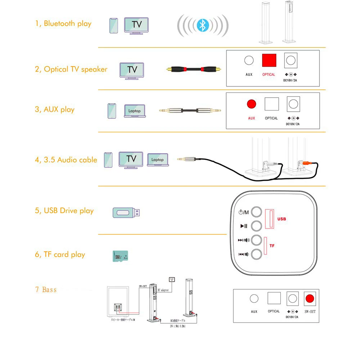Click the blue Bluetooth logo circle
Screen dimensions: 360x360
[203, 25]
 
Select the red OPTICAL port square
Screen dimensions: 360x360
[269, 60]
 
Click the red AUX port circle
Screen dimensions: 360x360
[251, 104]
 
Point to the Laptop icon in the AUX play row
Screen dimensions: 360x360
[134, 111]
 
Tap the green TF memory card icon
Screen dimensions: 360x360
[121, 256]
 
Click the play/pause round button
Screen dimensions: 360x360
[256, 226]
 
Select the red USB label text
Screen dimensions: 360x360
[282, 219]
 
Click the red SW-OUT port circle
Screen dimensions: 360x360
[310, 298]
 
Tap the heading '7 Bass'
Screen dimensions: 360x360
[46, 290]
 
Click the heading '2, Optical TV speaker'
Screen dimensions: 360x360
[71, 69]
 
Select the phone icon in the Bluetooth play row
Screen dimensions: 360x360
[114, 26]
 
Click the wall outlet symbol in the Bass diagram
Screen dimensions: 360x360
[172, 279]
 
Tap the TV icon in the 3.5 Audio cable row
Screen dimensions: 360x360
[131, 159]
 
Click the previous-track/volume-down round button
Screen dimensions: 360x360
[256, 255]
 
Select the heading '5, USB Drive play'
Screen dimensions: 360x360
[64, 211]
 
